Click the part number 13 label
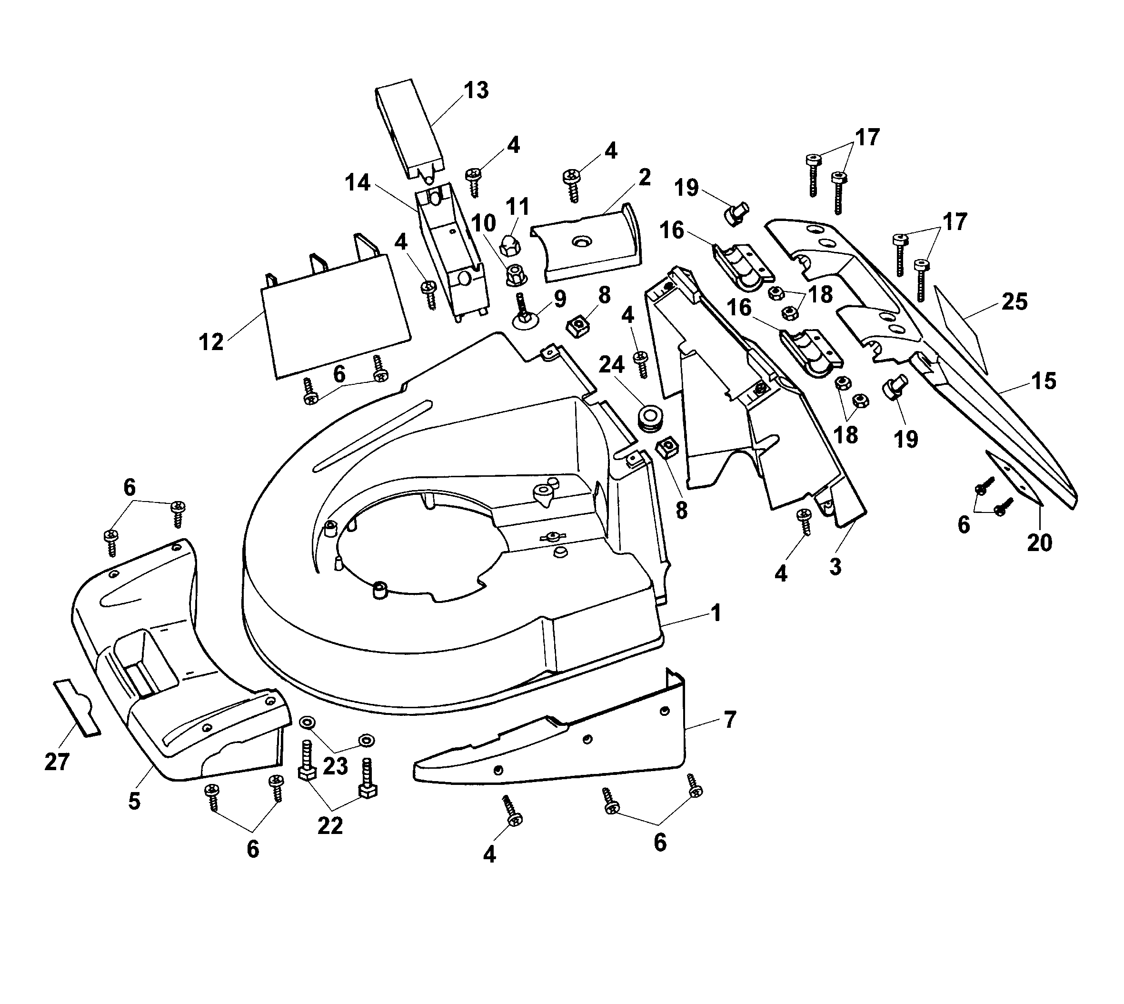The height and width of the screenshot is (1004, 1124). pos(476,91)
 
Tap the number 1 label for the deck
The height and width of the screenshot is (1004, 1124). pos(716,613)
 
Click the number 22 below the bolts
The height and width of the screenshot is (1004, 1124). pos(330,825)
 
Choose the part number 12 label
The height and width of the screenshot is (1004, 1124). pos(211,342)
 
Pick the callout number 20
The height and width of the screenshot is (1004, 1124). pos(1040,543)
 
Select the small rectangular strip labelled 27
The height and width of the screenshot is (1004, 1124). pos(77,708)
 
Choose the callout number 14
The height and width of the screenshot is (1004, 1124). pos(358,182)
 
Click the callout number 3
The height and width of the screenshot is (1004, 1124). pos(835,567)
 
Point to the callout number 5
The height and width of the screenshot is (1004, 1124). pos(135,801)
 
